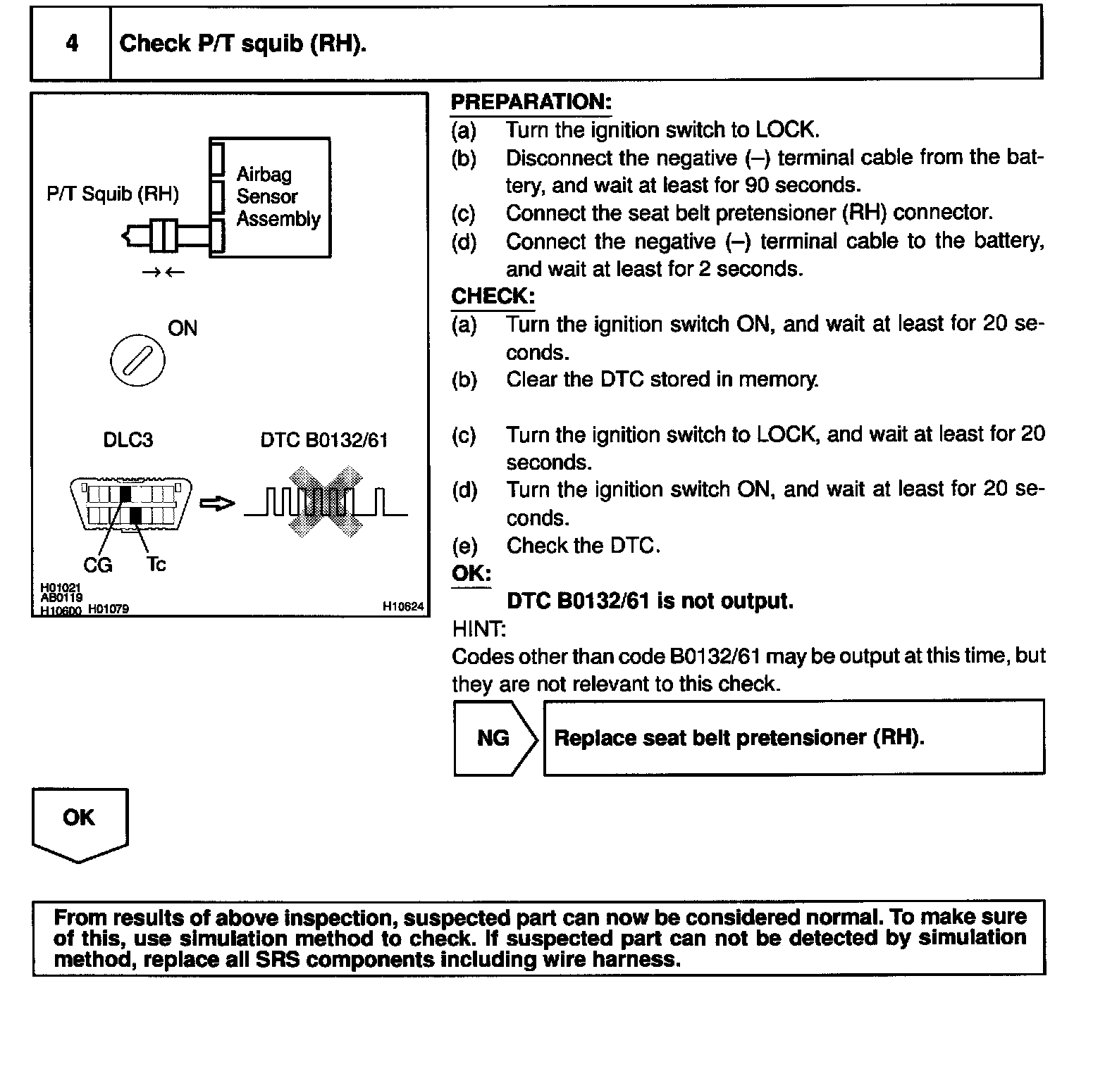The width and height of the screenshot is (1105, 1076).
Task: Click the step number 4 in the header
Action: click(72, 44)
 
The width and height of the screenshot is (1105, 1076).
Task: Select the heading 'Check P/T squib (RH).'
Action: click(242, 44)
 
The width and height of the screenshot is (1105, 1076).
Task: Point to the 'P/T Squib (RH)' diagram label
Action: click(113, 194)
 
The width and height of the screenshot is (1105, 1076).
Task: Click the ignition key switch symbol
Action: click(137, 361)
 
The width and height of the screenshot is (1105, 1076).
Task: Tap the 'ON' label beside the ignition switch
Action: click(183, 328)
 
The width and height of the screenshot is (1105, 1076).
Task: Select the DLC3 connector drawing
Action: click(130, 503)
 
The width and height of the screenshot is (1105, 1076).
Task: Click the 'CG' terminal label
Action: click(97, 565)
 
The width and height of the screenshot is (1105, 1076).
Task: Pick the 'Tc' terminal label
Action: click(156, 564)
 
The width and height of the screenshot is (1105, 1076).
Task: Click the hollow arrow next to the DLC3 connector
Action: click(217, 503)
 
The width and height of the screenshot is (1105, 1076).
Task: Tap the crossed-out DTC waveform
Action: click(326, 501)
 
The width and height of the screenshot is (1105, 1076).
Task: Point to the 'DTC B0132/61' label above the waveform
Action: click(324, 440)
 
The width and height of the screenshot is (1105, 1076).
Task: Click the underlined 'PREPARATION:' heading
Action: click(531, 102)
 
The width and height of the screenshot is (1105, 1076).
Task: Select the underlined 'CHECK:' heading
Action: click(493, 296)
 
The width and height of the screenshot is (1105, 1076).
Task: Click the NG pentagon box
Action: click(495, 738)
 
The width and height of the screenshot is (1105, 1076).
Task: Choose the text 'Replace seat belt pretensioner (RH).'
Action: click(739, 737)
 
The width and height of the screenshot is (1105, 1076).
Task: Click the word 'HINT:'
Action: click(479, 629)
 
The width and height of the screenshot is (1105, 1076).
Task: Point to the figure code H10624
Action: click(403, 606)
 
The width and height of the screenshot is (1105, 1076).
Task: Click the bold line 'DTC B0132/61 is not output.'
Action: click(650, 601)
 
